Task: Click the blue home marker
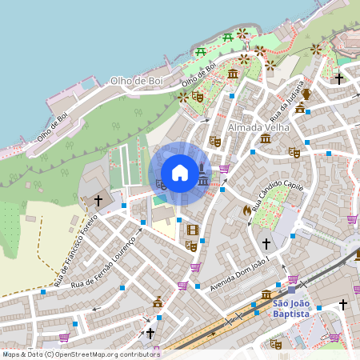(x=180, y=172)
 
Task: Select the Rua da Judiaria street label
(x=289, y=98)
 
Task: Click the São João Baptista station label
(x=290, y=308)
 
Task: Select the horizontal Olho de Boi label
(x=136, y=81)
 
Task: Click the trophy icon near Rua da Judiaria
(x=306, y=94)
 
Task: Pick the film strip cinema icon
(x=191, y=230)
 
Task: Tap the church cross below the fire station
(x=266, y=242)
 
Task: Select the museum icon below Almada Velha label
(x=266, y=139)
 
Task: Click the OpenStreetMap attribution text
(x=81, y=354)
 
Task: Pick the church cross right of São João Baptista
(x=343, y=304)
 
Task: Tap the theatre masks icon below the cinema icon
(x=190, y=246)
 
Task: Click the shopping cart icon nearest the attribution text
(x=64, y=337)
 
